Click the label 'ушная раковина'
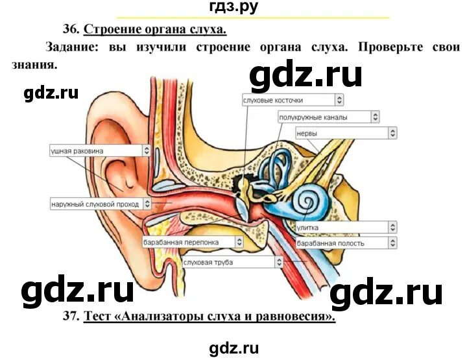[x=94, y=150]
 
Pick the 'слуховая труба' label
[x=227, y=262]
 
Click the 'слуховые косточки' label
[x=287, y=100]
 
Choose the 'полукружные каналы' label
[x=323, y=117]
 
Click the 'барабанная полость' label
[x=341, y=243]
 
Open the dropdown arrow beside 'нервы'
[x=392, y=133]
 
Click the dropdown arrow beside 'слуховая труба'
[x=279, y=262]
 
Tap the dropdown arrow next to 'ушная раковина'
[x=147, y=150]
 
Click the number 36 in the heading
[x=71, y=29]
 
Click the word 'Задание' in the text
[x=68, y=47]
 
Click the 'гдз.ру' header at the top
[x=234, y=8]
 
